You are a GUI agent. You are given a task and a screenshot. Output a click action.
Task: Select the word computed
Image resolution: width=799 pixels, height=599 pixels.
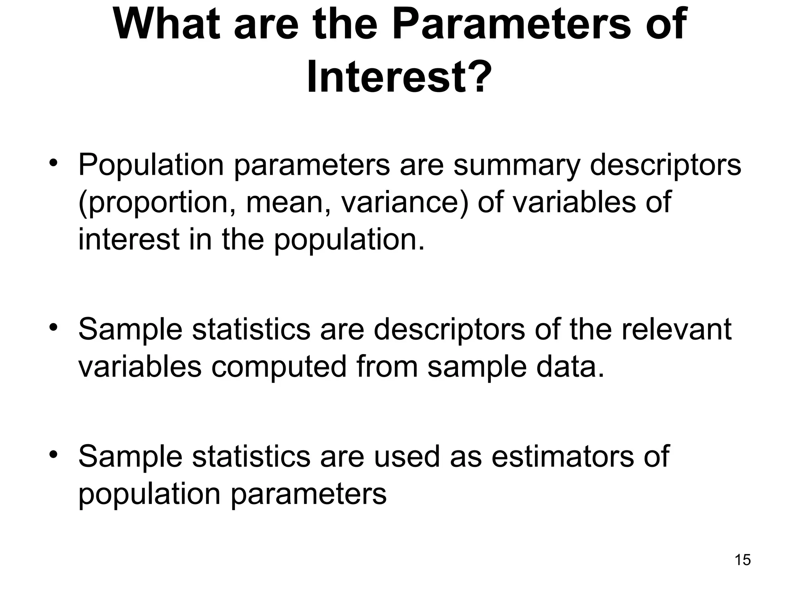279,367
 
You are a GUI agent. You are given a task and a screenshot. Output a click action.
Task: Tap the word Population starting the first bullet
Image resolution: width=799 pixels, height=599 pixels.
151,165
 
